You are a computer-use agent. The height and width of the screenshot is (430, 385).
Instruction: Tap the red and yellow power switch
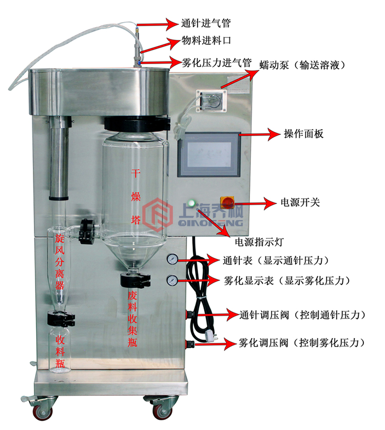[227, 202]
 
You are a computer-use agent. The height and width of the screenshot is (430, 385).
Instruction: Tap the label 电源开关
[301, 202]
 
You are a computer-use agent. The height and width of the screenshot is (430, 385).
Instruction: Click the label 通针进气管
[205, 23]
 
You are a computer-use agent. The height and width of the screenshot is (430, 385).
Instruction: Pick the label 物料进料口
[205, 40]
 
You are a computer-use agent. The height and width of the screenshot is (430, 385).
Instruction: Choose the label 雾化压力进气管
[217, 63]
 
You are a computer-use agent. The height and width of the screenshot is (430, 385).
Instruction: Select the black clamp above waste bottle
[134, 280]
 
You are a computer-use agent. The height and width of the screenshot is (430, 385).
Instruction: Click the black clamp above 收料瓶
[60, 319]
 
